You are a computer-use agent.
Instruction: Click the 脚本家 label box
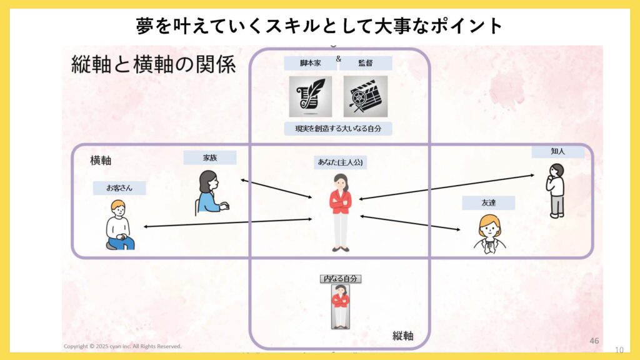point(311,63)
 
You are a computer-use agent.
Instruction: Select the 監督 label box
point(366,63)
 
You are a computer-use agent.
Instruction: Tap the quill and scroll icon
point(311,96)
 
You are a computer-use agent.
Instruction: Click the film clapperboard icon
point(366,96)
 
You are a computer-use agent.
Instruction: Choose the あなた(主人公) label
point(341,162)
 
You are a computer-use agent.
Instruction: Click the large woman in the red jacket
point(341,212)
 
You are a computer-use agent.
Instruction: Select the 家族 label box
point(210,157)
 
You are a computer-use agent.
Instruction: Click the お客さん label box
point(119,187)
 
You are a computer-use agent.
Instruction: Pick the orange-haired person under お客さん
point(119,225)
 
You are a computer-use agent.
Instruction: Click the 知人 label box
point(558,151)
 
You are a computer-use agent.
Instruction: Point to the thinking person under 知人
point(555,191)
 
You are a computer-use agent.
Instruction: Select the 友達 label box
point(488,202)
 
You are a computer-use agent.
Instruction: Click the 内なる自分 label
point(341,279)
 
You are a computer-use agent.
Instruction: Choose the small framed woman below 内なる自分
point(341,306)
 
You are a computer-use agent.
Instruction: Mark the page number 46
point(594,341)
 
